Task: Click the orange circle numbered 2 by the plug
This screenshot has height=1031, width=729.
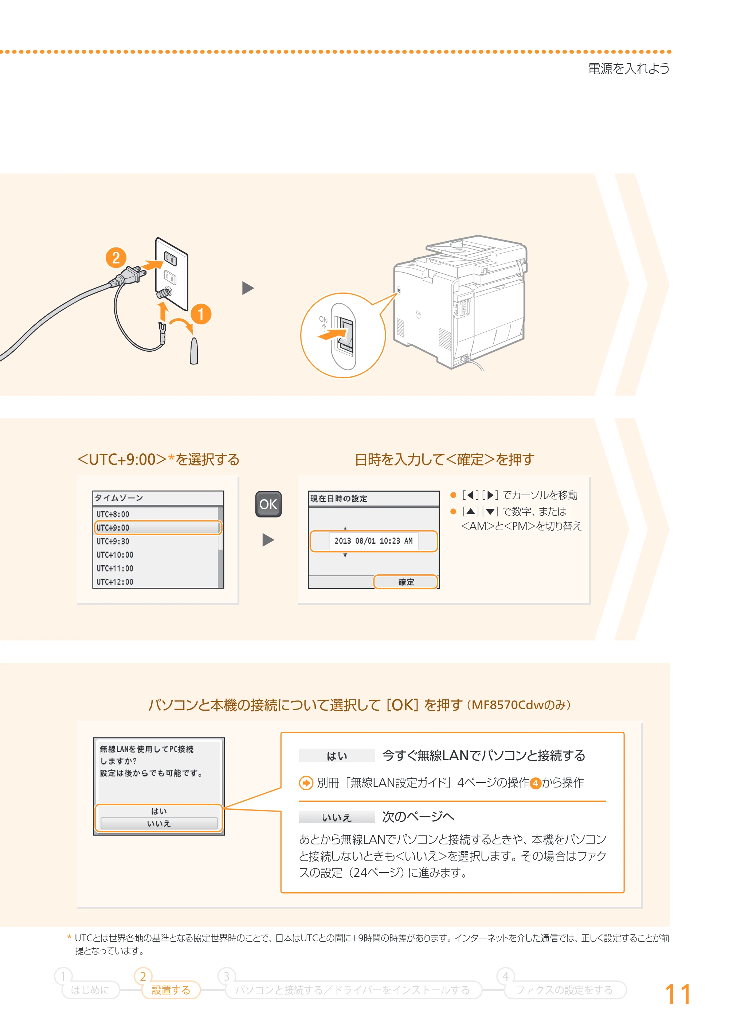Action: tap(116, 258)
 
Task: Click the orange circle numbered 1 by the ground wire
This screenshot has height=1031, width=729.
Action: tap(201, 314)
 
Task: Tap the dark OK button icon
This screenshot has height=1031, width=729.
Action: tap(269, 504)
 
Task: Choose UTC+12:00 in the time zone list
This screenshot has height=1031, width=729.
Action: tap(115, 582)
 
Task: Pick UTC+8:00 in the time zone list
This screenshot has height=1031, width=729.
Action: tap(113, 514)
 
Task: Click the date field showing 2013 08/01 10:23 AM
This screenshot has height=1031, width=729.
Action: tap(373, 541)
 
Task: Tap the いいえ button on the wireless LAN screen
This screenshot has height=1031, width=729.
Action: tap(159, 823)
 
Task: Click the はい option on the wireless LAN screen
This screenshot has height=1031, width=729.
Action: tap(159, 811)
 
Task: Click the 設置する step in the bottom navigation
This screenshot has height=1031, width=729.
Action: tap(171, 990)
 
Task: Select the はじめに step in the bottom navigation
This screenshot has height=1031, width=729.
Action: tap(90, 990)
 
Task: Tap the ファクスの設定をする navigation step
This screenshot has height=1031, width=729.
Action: tap(564, 990)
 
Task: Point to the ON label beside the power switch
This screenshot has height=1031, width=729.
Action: tap(323, 319)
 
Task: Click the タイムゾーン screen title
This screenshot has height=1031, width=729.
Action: tap(119, 497)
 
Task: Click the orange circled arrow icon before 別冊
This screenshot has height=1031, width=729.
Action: tap(306, 783)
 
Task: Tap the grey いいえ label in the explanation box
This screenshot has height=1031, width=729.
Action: tap(337, 817)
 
